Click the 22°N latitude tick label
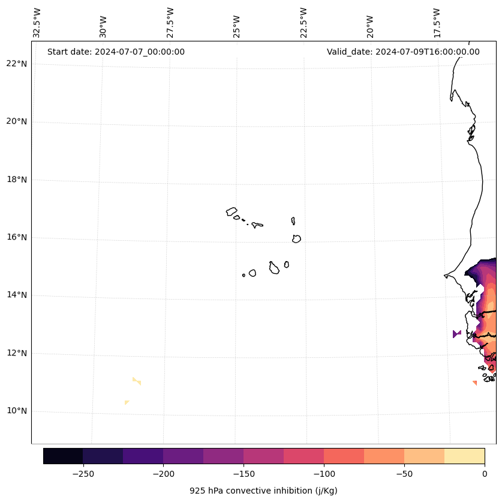click(17, 64)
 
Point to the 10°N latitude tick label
click(17, 411)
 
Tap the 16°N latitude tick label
click(17, 237)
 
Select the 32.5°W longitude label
click(37, 23)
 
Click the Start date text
click(116, 52)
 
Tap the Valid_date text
click(403, 52)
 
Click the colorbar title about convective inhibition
click(263, 491)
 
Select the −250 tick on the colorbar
click(83, 474)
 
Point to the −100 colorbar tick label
click(324, 474)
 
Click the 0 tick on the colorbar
click(484, 474)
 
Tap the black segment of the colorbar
click(63, 456)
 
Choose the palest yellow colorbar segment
click(464, 456)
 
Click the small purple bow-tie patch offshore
click(457, 334)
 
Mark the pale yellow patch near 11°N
click(137, 381)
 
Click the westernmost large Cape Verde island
click(232, 211)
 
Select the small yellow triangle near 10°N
click(127, 402)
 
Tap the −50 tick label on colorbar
click(404, 474)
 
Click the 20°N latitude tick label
click(17, 121)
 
